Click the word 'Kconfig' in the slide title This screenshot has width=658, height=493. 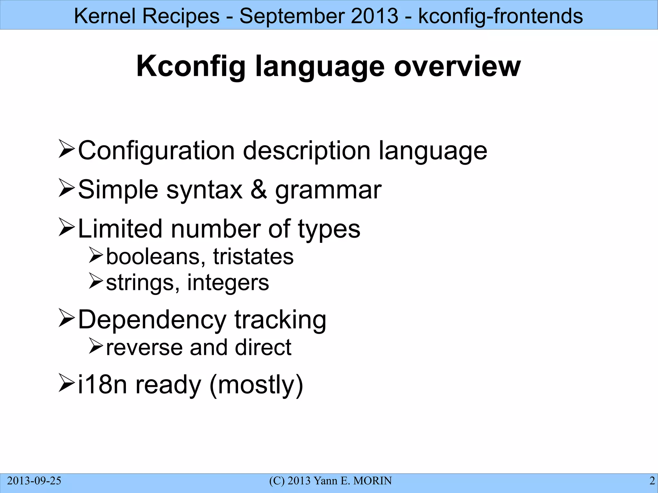pos(191,66)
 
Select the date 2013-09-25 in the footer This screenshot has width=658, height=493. pos(34,481)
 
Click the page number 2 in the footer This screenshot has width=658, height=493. pos(652,481)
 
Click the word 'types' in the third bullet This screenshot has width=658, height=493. pos(329,229)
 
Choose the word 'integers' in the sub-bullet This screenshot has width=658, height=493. pos(228,283)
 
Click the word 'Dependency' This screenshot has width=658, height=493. pos(152,320)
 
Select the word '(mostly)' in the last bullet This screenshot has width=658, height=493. pos(256,385)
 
